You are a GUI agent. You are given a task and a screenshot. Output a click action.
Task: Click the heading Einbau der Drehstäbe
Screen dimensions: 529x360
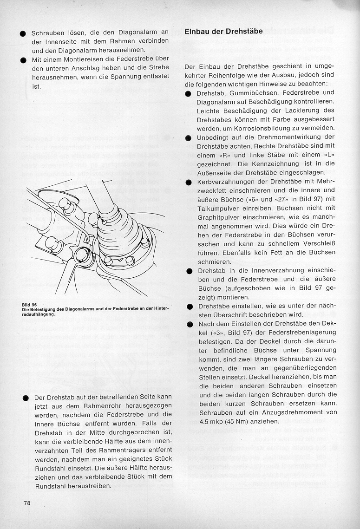224,32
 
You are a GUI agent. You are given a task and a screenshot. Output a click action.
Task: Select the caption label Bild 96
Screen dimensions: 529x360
29,305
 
